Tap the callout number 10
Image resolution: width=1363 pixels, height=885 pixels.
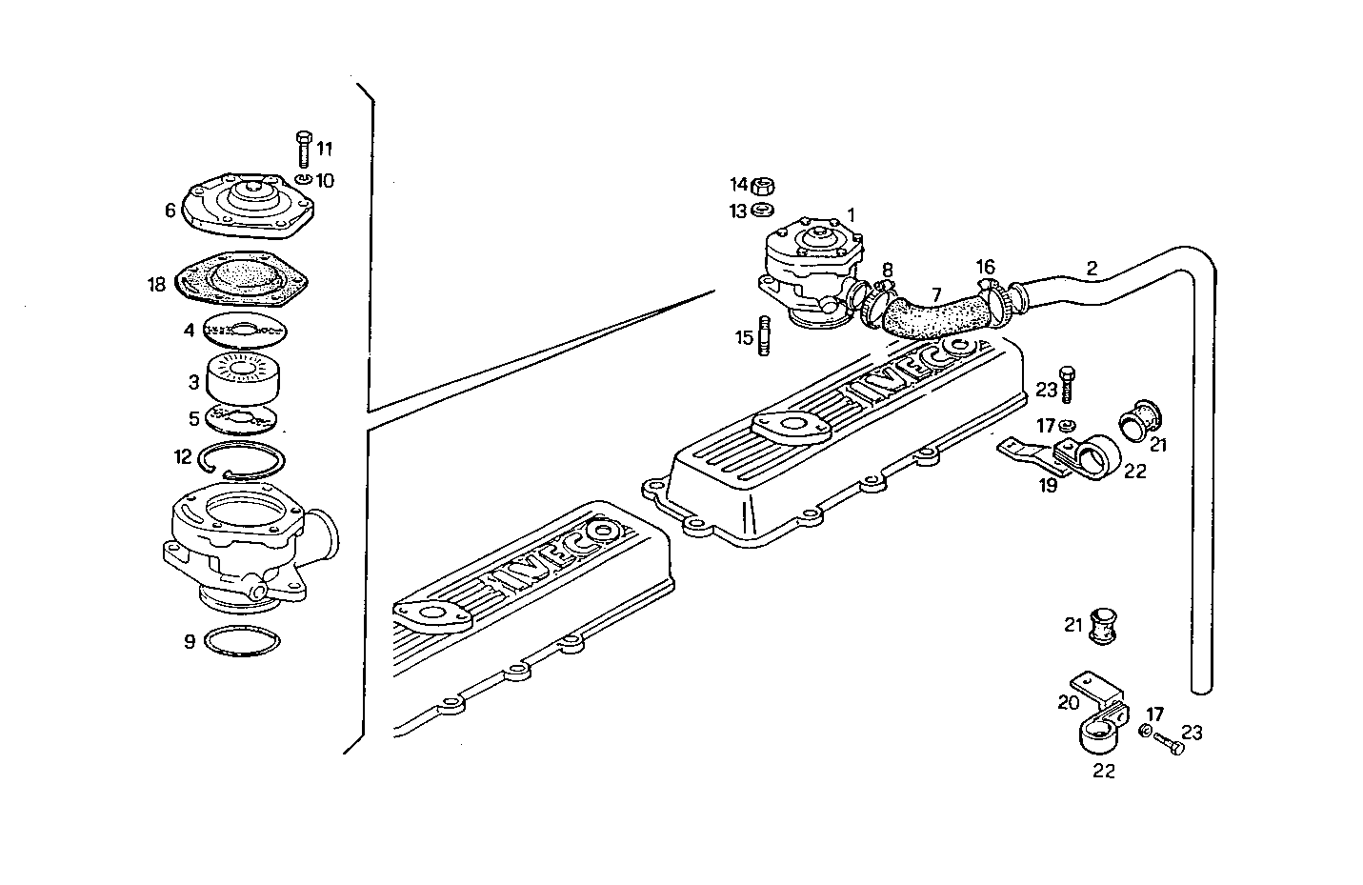click(x=326, y=180)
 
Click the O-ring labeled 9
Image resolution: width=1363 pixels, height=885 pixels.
click(x=244, y=641)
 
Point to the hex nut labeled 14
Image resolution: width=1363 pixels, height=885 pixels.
click(x=762, y=185)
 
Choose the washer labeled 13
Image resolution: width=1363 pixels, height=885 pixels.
click(x=762, y=210)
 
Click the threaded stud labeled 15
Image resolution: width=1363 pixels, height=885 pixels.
click(x=763, y=337)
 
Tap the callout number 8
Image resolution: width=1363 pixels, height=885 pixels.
click(x=887, y=270)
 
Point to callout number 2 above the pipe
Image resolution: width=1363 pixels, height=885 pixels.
click(x=1092, y=270)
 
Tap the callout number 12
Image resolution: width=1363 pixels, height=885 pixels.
click(x=184, y=456)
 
